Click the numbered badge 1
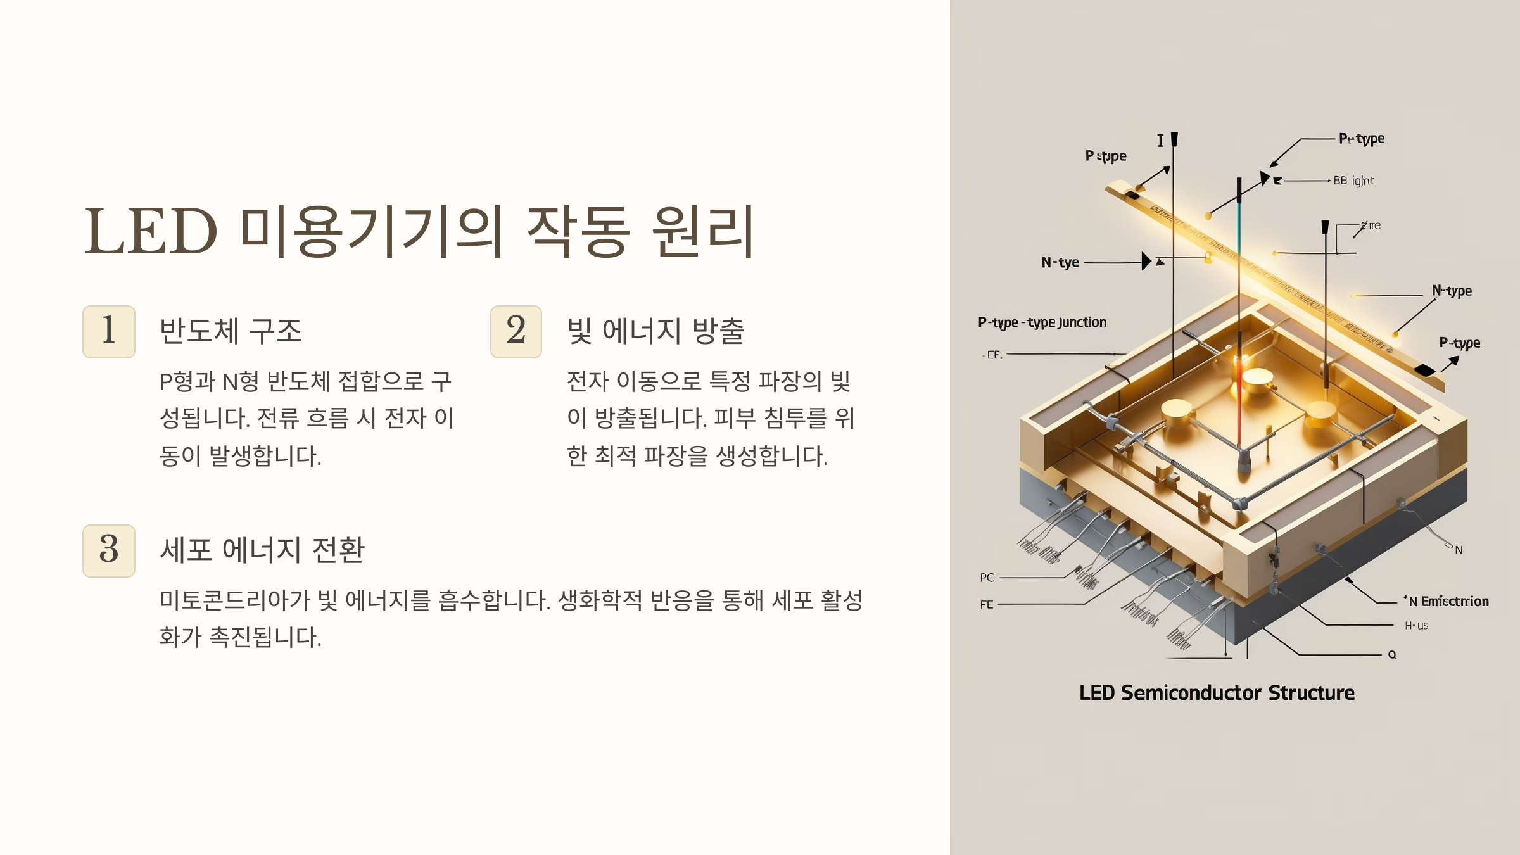[108, 331]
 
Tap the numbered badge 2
[516, 331]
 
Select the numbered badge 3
[108, 550]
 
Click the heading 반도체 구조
[231, 331]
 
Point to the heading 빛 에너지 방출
[655, 331]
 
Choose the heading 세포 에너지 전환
[262, 550]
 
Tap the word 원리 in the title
[703, 231]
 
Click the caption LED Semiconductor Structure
[1217, 693]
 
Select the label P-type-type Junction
[1042, 322]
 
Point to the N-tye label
[1060, 262]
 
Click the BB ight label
[1353, 180]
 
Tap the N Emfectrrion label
[1448, 601]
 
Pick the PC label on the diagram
[987, 578]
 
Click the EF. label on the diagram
[994, 355]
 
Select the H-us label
[1416, 626]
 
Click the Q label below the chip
[1392, 654]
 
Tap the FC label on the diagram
[987, 605]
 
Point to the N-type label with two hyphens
[1452, 291]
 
